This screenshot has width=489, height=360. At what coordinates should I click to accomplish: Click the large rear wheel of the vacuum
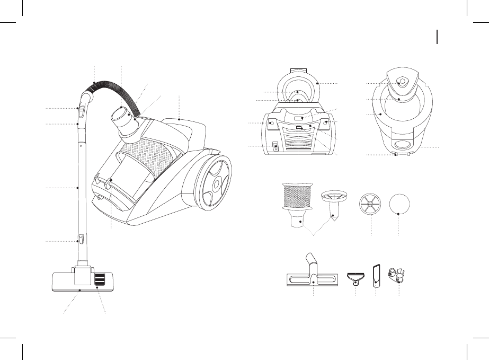pos(215,183)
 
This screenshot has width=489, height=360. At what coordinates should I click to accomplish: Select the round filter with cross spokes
pos(370,205)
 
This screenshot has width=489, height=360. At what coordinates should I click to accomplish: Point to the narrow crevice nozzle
pos(377,275)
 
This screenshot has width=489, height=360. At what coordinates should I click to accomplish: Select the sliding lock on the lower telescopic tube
pos(81,239)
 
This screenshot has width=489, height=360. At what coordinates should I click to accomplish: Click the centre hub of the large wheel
pos(216,183)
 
